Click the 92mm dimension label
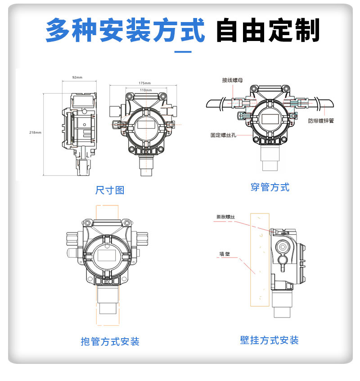(x=77, y=78)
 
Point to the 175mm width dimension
(x=144, y=83)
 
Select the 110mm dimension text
(x=145, y=90)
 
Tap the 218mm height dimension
(x=35, y=132)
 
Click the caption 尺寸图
(x=110, y=190)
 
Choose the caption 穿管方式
(x=270, y=187)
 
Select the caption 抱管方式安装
(x=110, y=341)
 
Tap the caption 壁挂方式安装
(x=269, y=340)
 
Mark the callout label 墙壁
(x=225, y=254)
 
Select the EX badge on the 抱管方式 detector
(x=108, y=282)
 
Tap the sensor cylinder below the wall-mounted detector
(x=283, y=306)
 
